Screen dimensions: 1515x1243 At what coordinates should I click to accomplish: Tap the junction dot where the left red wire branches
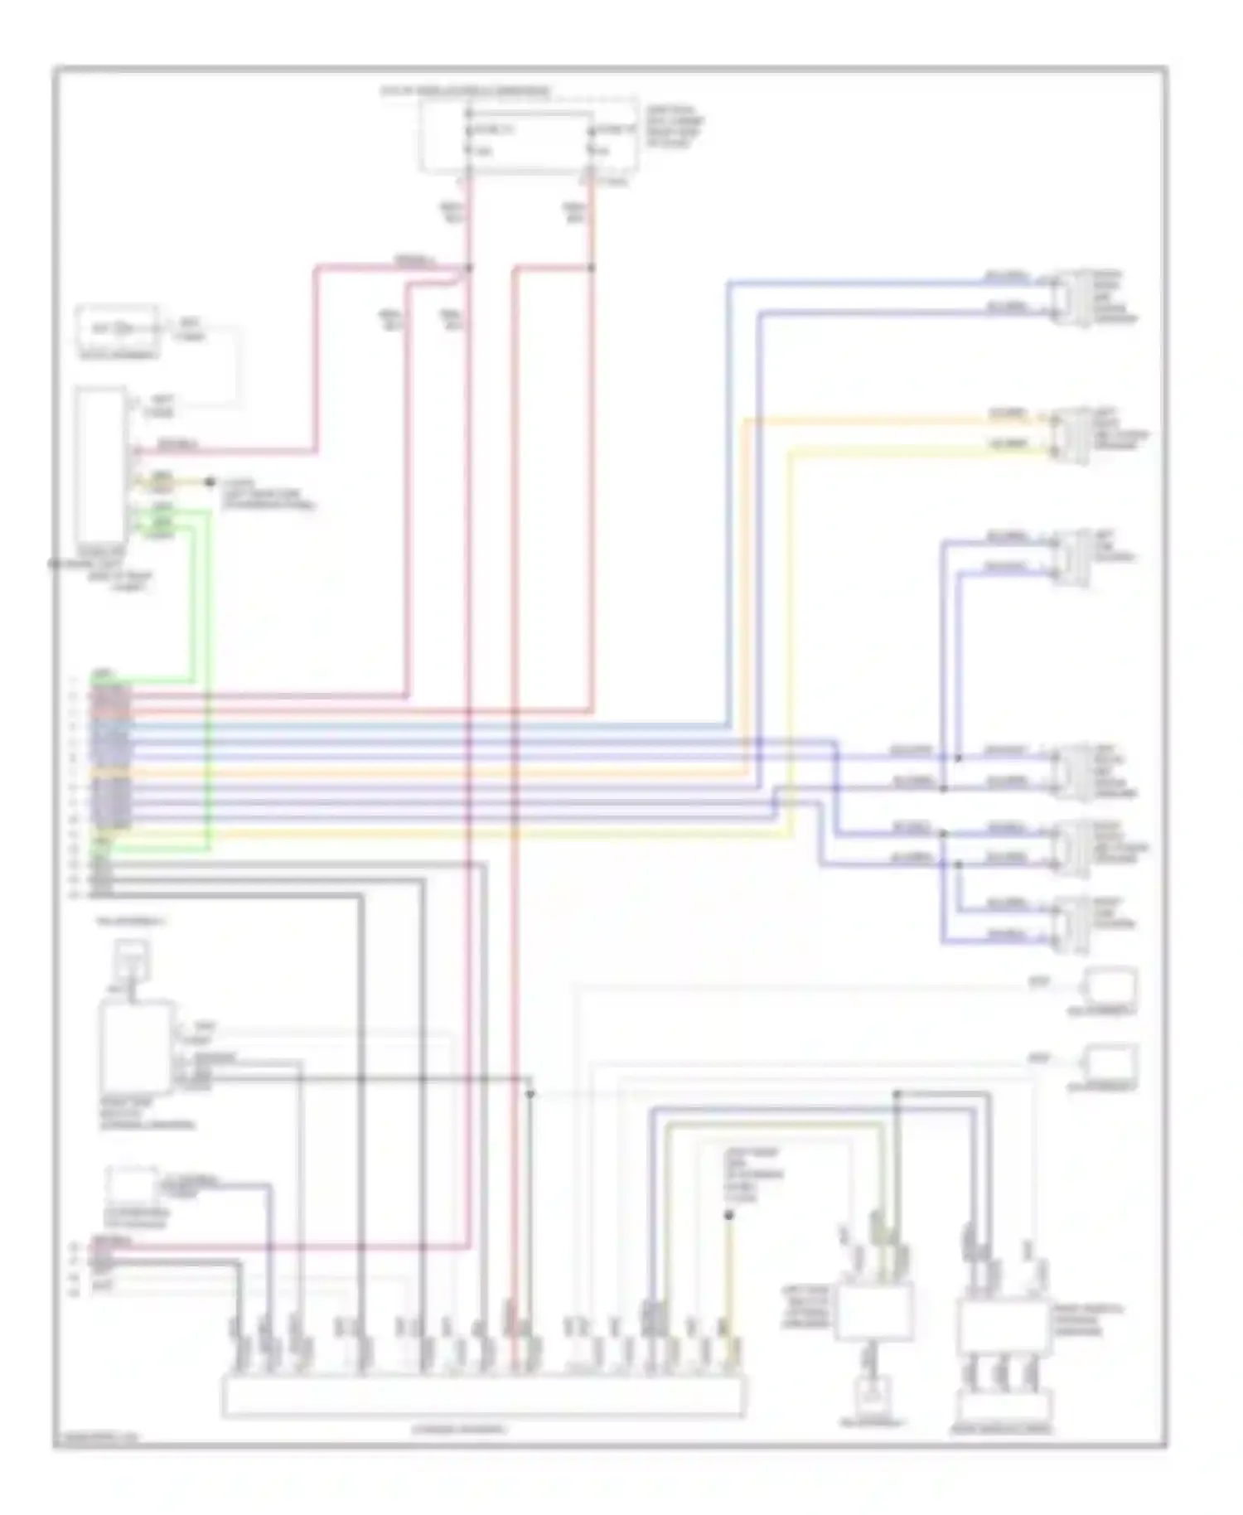469,268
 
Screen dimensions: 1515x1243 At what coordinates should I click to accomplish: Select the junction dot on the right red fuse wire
592,268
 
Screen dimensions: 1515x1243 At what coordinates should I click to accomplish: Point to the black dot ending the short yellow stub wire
210,482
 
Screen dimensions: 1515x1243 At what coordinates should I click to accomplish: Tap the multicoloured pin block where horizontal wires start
111,756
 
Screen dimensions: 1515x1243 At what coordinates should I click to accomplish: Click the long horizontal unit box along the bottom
483,1396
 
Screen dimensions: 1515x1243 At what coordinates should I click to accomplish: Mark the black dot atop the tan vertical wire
728,1216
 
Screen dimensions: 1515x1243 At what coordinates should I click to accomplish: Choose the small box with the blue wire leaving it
131,1183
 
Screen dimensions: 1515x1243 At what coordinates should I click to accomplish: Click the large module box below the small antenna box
136,1049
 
